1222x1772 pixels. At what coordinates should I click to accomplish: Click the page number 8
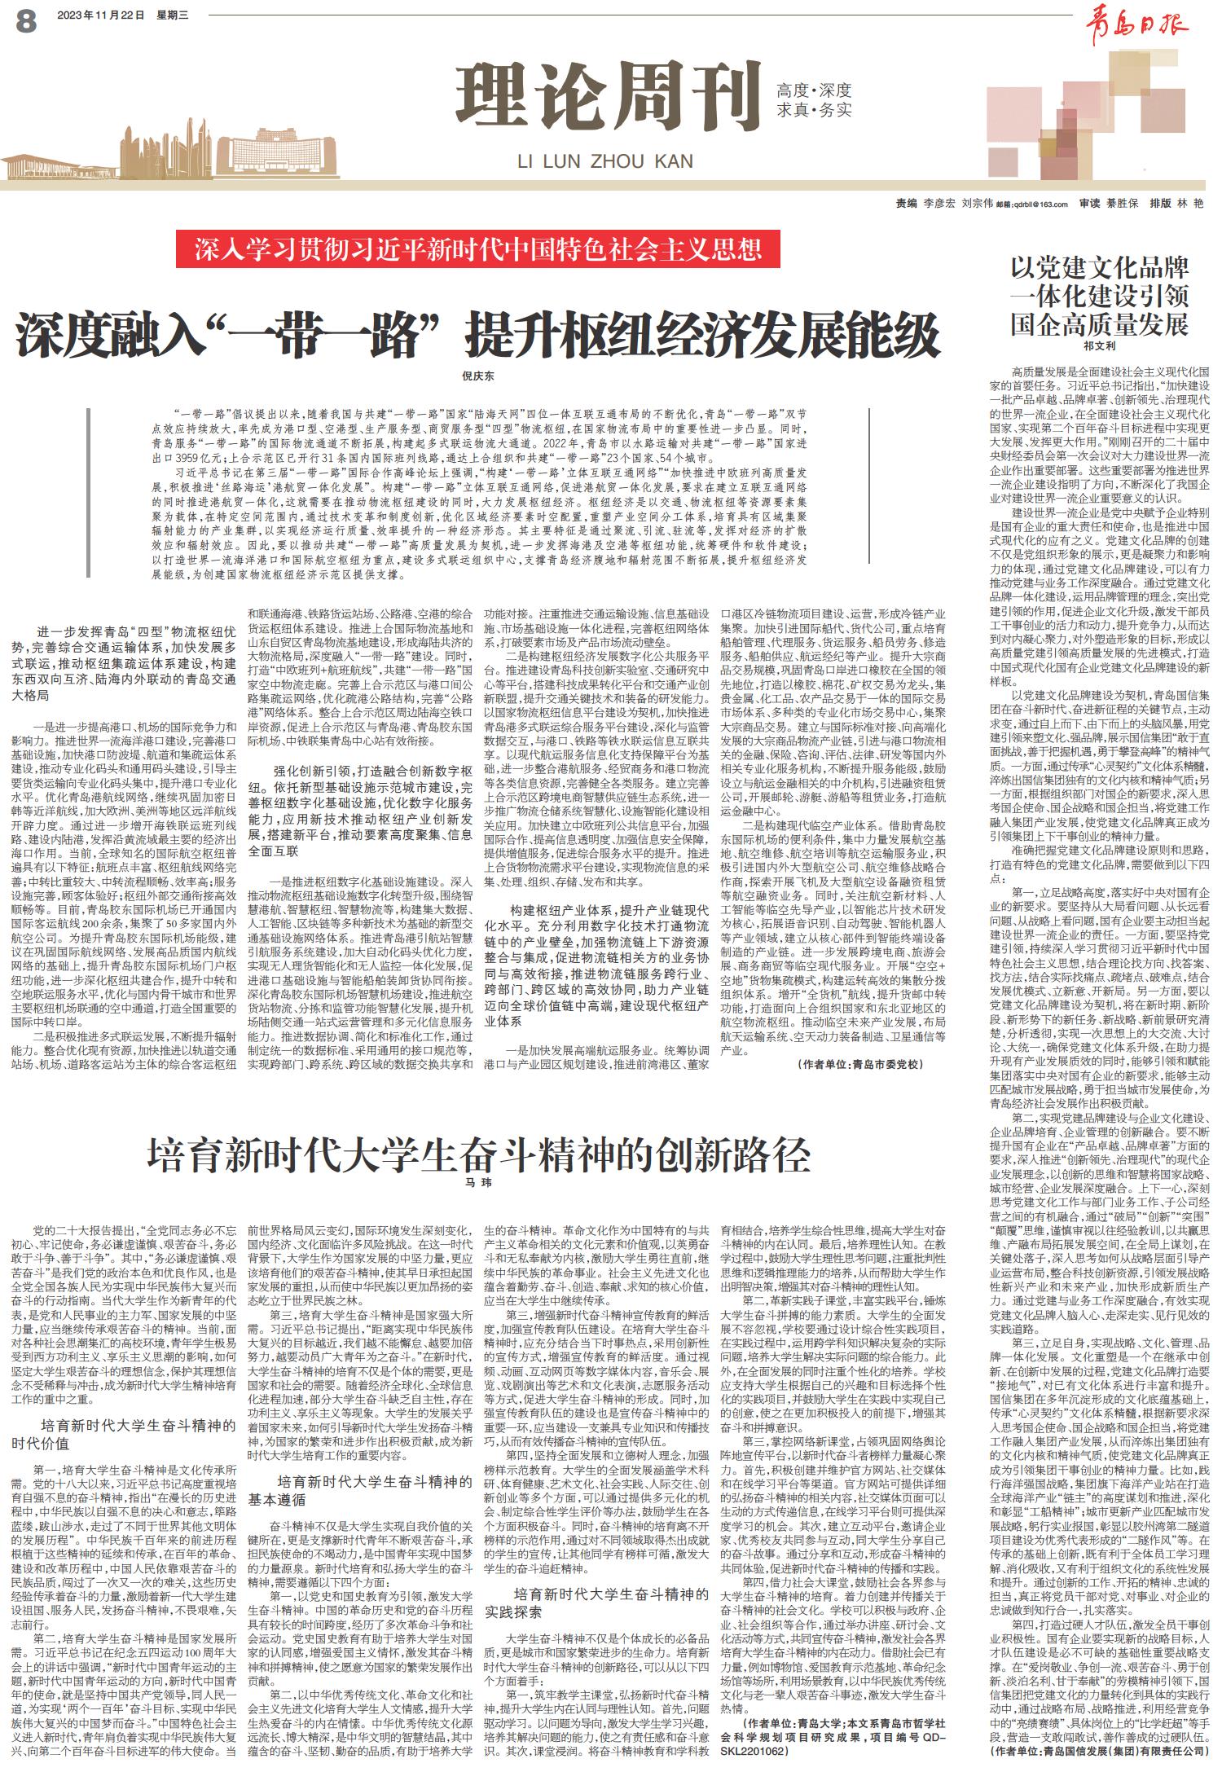point(25,21)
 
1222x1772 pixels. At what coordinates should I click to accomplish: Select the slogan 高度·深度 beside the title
point(814,90)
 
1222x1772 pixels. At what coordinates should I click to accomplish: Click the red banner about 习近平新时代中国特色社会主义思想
point(477,249)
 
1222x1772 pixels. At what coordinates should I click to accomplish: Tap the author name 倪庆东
point(478,376)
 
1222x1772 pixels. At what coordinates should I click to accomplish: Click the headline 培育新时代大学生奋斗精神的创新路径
point(478,1154)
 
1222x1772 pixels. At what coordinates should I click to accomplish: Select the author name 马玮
point(478,1181)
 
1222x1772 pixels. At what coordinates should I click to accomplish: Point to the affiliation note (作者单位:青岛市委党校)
point(860,1064)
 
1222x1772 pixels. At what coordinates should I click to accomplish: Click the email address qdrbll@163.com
point(1041,204)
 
